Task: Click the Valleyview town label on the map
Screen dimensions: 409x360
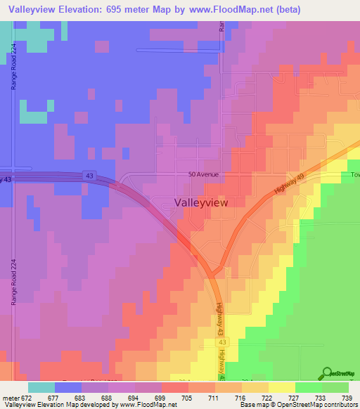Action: point(200,202)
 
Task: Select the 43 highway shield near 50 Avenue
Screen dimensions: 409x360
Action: point(91,175)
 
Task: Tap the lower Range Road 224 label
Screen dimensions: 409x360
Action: point(13,281)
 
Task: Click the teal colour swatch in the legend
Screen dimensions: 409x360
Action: point(41,387)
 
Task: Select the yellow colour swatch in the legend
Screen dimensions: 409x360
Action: point(282,387)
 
